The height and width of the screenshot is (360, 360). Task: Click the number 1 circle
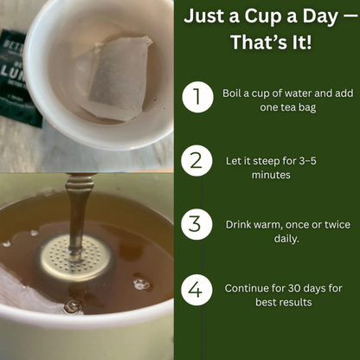(x=197, y=98)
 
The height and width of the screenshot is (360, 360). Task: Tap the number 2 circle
(x=197, y=161)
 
